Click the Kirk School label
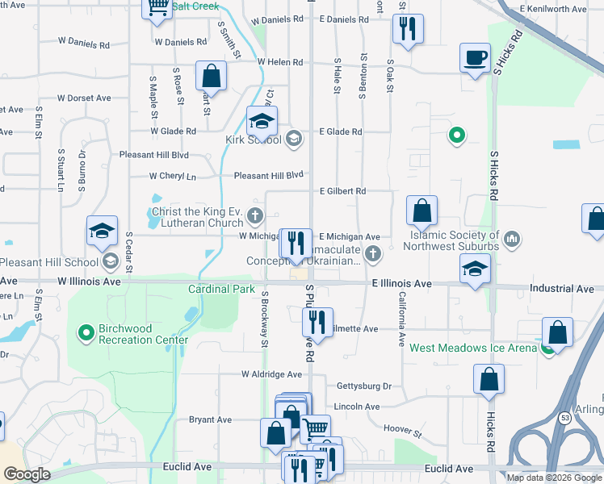click(253, 140)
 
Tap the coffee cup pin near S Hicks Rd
click(475, 58)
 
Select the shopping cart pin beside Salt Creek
click(157, 7)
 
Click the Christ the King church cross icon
click(255, 215)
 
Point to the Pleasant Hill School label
click(48, 262)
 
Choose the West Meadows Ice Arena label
click(472, 348)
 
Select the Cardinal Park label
click(221, 289)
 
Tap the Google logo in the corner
click(27, 474)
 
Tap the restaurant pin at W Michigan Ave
click(295, 242)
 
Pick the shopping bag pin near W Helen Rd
click(210, 77)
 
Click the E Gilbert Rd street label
click(342, 191)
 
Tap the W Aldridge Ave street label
click(271, 374)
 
